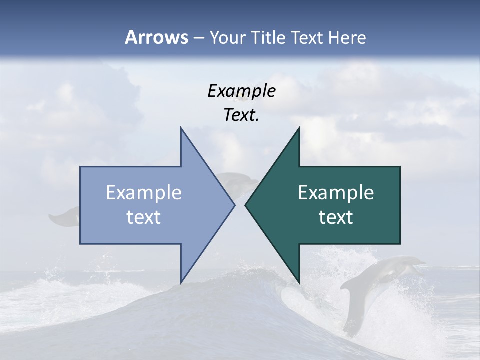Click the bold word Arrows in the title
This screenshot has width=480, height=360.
point(156,37)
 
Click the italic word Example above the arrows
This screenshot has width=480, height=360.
point(241,91)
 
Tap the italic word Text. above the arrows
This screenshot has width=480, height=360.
point(241,115)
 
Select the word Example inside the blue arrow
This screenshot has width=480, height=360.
point(144,192)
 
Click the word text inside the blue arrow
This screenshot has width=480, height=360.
point(144,217)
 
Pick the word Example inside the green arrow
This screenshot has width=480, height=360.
point(336,192)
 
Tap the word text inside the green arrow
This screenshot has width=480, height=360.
point(336,217)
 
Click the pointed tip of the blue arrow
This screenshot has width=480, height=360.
point(234,205)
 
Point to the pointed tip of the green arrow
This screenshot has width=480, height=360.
point(245,205)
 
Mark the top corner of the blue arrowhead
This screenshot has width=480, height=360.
point(181,128)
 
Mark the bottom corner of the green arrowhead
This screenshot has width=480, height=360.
point(299,283)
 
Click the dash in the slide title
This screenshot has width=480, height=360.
point(198,37)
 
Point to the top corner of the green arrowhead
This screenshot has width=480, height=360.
point(299,128)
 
